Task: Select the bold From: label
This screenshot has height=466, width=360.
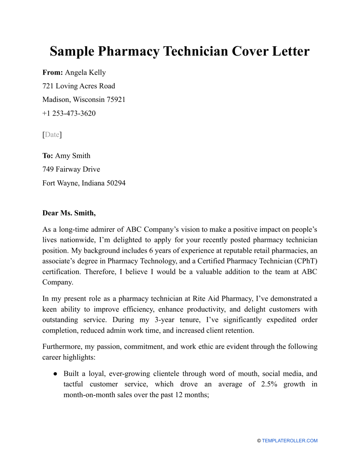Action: pos(53,72)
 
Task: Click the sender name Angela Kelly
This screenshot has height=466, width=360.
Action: pos(86,72)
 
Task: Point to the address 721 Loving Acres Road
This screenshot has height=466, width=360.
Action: pos(78,86)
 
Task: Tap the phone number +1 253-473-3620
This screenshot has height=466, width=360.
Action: pos(69,113)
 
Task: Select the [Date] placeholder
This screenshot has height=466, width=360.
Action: pos(52,134)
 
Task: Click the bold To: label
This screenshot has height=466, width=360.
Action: pos(48,156)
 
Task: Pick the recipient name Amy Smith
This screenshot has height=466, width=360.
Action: pos(73,156)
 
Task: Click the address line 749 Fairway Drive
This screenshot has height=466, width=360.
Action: pos(71,169)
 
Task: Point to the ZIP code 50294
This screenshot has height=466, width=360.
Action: pos(116,183)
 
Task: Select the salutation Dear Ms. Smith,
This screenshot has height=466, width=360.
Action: pos(69,213)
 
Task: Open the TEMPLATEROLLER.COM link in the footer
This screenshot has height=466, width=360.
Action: pos(290,441)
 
